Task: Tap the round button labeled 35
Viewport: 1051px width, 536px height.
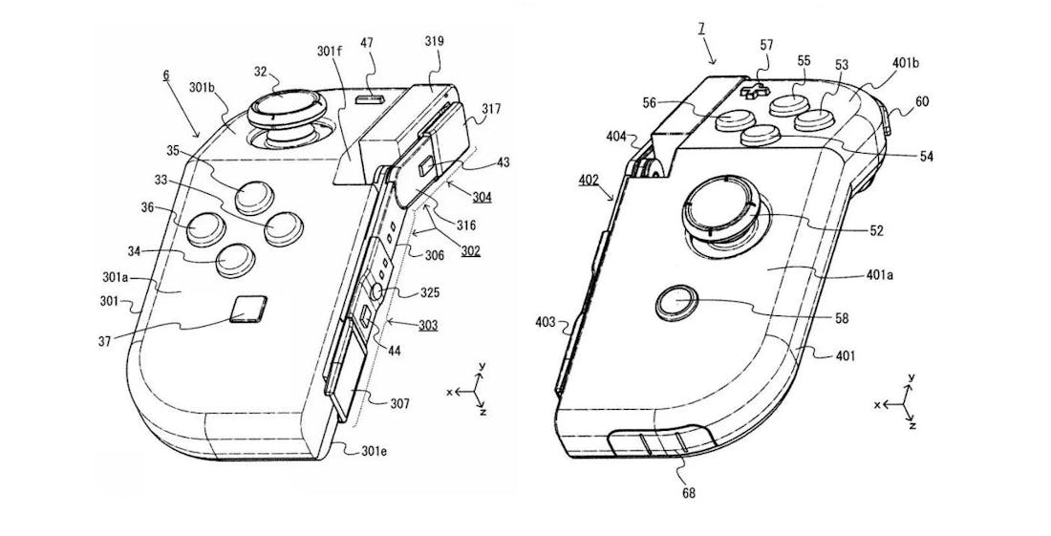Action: click(x=251, y=196)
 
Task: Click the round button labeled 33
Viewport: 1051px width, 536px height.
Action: click(x=284, y=227)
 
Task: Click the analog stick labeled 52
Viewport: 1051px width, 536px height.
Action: click(x=718, y=208)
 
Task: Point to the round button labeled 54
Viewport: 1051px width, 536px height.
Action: click(x=762, y=136)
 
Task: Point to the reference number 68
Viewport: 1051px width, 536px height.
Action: click(x=689, y=494)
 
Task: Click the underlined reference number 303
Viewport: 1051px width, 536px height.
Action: click(x=428, y=326)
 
